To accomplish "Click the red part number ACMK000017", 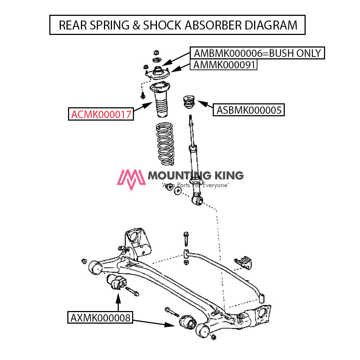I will point(100,114).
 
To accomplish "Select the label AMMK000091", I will point(224,65).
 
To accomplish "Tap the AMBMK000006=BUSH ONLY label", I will point(257,53).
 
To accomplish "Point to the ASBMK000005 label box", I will point(249,110).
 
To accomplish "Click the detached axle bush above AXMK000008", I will point(116,282).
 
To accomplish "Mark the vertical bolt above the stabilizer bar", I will point(185,238).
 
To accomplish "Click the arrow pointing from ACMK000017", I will point(143,107).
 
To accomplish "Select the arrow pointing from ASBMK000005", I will point(206,105).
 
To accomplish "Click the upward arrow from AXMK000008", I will point(118,302).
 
